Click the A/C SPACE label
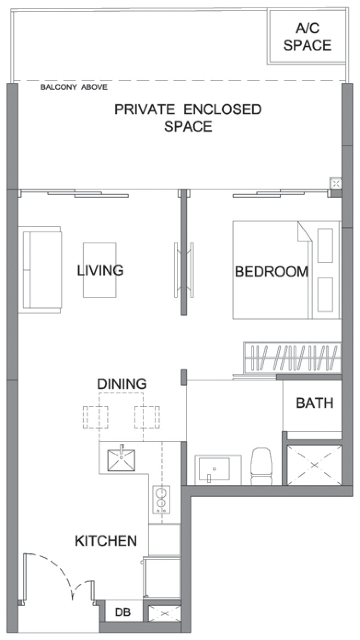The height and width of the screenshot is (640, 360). (x=308, y=37)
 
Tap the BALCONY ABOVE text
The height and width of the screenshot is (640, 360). (x=74, y=87)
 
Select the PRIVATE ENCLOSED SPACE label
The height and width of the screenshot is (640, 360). (x=188, y=118)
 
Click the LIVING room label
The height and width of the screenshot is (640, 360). (x=100, y=270)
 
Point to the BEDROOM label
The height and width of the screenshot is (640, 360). (x=272, y=271)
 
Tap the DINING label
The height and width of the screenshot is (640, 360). (x=122, y=384)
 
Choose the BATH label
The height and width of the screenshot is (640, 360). (x=314, y=403)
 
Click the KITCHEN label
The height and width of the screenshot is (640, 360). (x=106, y=541)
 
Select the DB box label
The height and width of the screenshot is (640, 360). (x=123, y=612)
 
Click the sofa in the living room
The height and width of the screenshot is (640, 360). (x=40, y=270)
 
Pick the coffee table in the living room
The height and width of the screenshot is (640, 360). (x=100, y=270)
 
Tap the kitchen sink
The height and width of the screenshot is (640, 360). (x=121, y=460)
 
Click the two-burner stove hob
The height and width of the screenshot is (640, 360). (x=161, y=499)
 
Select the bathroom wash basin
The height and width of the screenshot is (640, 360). (x=215, y=469)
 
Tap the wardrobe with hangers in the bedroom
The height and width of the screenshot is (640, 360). (x=292, y=357)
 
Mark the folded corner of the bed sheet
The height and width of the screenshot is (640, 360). (x=304, y=232)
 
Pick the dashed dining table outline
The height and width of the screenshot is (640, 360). (x=121, y=417)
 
